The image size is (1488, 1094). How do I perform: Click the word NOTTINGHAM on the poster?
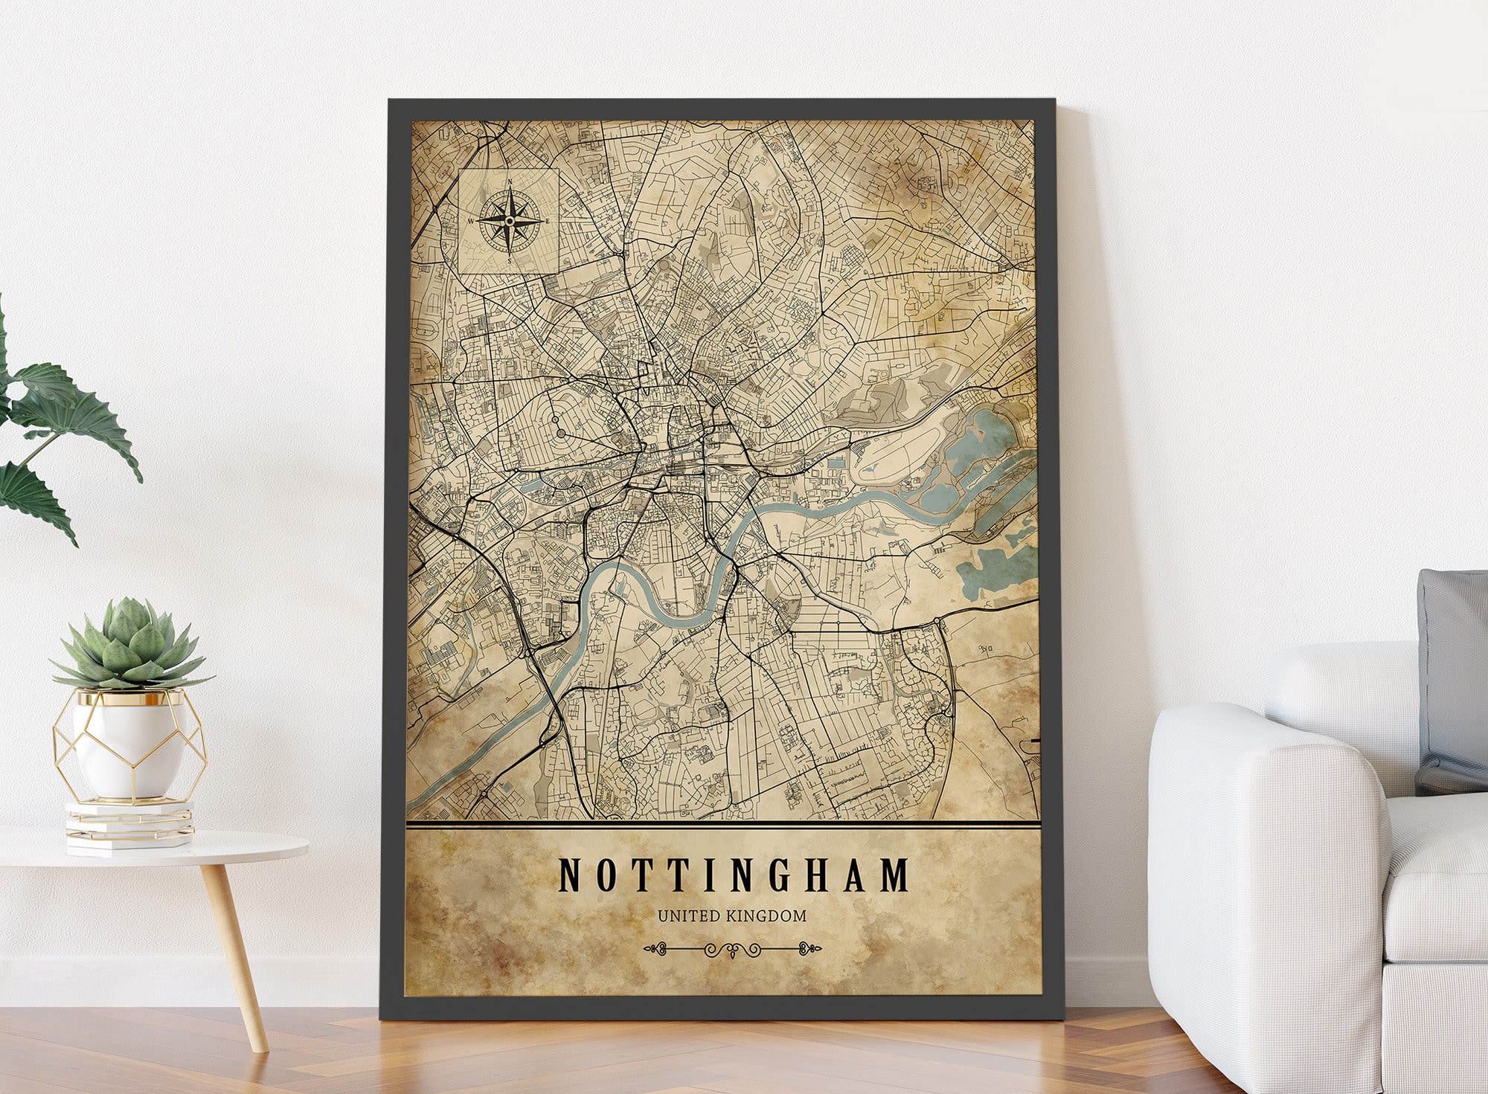coord(733,875)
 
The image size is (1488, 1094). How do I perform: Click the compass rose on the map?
coord(509,221)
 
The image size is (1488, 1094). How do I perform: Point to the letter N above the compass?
coord(510,182)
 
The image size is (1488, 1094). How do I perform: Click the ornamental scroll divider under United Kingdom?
coord(732,949)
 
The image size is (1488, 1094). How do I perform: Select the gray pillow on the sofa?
coord(1453,677)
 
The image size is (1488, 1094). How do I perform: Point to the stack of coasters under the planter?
coord(129,826)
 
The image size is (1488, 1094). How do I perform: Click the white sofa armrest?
coord(1265,855)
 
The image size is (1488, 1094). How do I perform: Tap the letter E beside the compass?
coord(548,221)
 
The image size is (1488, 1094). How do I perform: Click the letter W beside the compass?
coord(470,221)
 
